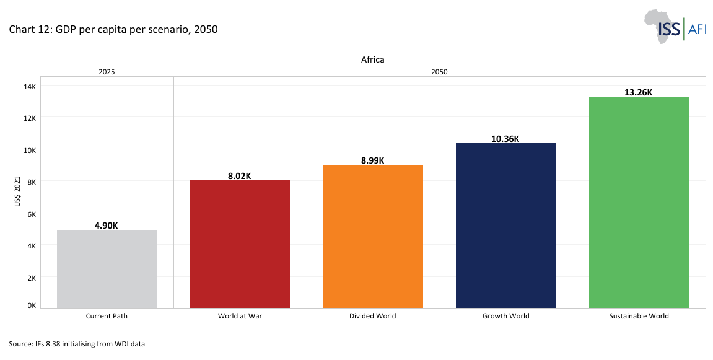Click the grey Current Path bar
(107, 269)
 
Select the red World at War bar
(240, 244)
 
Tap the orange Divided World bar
(373, 236)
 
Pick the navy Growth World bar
(505, 226)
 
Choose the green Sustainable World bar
(639, 202)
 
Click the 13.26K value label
(639, 92)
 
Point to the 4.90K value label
(107, 226)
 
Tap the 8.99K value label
(373, 160)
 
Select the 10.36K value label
(505, 139)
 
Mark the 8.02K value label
(240, 176)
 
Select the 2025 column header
(107, 72)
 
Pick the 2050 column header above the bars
(439, 72)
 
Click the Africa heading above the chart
(373, 59)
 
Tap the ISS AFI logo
(675, 27)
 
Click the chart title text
(113, 29)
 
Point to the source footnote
(77, 343)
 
